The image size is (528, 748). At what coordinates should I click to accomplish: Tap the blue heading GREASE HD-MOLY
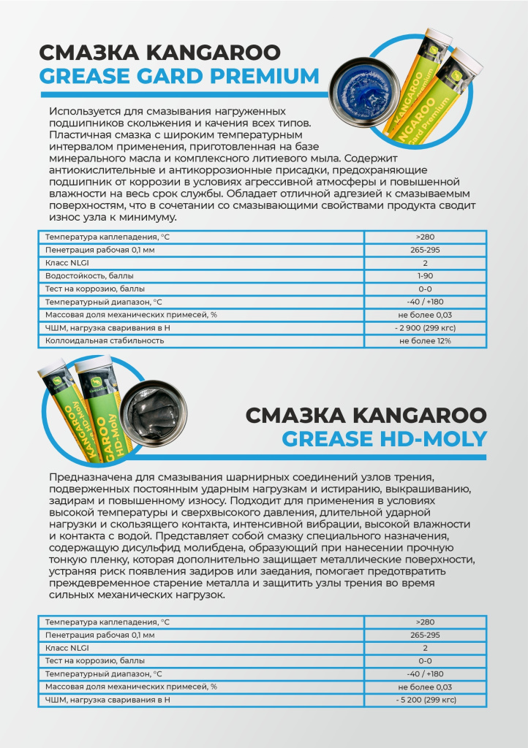click(x=384, y=438)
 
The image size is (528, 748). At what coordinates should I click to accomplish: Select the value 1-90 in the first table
click(x=425, y=275)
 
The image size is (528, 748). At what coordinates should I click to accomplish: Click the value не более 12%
click(x=425, y=340)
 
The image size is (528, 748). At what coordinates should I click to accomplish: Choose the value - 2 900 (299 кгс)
click(x=425, y=327)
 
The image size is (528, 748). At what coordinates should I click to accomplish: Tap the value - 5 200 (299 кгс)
click(x=425, y=700)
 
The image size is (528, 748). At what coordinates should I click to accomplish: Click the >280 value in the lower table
click(x=425, y=622)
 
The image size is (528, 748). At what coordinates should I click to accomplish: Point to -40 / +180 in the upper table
click(x=425, y=302)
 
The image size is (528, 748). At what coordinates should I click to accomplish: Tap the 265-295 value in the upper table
click(x=425, y=250)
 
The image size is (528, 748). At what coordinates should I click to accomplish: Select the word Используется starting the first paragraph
click(x=84, y=111)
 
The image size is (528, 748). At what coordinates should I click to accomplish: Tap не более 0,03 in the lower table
click(x=425, y=687)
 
